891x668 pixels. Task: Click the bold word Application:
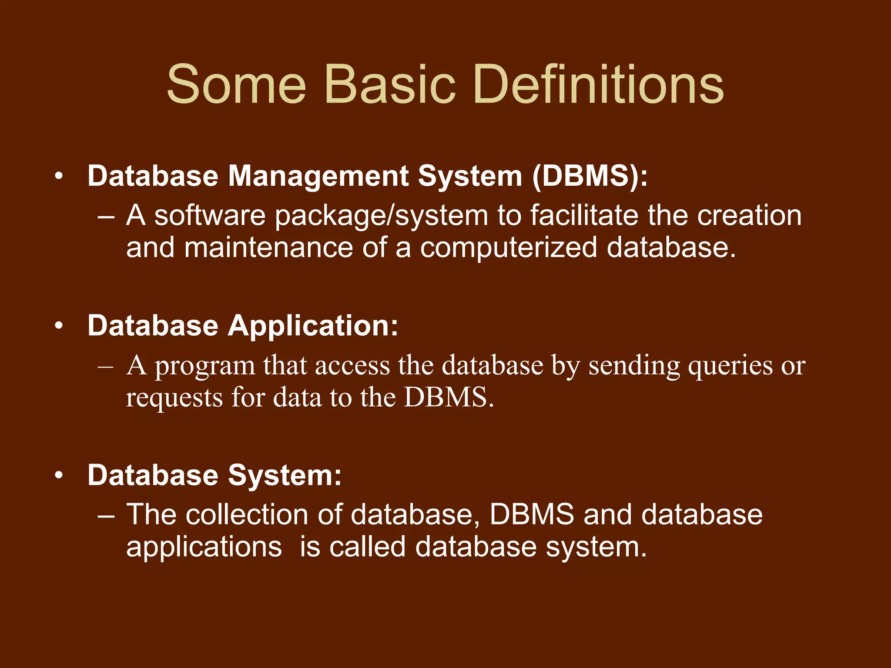click(313, 326)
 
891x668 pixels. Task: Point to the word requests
click(174, 398)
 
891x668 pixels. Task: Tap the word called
click(367, 547)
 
